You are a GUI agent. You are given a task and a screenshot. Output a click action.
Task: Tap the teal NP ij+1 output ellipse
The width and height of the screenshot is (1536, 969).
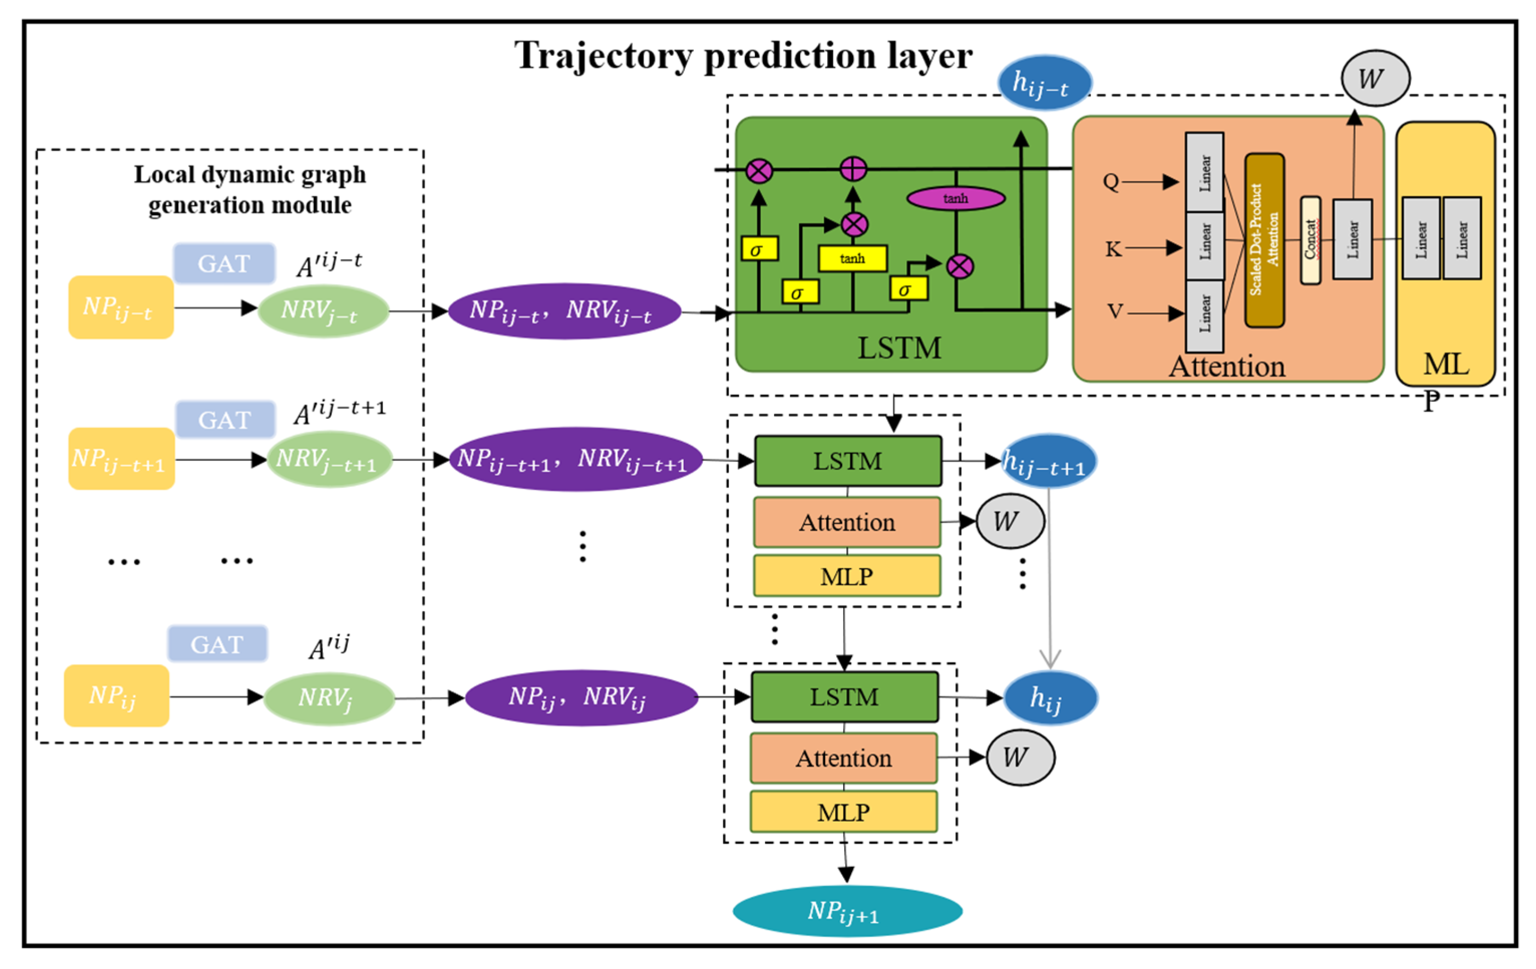pos(847,910)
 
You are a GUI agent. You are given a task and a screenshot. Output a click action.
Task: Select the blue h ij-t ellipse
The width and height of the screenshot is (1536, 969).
pos(1044,83)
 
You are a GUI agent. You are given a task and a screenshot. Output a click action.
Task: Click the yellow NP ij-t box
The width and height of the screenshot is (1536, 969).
pos(120,307)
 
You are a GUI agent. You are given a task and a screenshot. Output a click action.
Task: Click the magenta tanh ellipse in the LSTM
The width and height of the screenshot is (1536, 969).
pos(955,198)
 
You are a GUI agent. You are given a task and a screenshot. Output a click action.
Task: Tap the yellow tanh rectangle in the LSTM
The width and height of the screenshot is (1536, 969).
pos(852,258)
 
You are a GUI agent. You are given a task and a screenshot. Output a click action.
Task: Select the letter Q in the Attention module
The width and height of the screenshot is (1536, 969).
pos(1110,182)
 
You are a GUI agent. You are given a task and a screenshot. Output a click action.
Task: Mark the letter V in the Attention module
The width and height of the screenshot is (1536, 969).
pos(1114,311)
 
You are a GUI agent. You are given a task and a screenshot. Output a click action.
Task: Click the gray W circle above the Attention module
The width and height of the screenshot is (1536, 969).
pos(1375,79)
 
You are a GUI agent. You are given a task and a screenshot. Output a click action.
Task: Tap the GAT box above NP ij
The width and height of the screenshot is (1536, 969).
pos(217,644)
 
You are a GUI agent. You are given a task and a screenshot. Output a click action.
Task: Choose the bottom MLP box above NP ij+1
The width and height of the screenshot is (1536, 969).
pos(843,812)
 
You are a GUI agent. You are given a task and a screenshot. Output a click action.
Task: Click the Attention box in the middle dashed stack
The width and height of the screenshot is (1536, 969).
pos(847,522)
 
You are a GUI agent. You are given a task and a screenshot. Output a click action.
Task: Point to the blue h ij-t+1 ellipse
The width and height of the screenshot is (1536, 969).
pos(1049,461)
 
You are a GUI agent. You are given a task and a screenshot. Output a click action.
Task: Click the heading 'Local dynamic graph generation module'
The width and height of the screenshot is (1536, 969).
pos(250,189)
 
